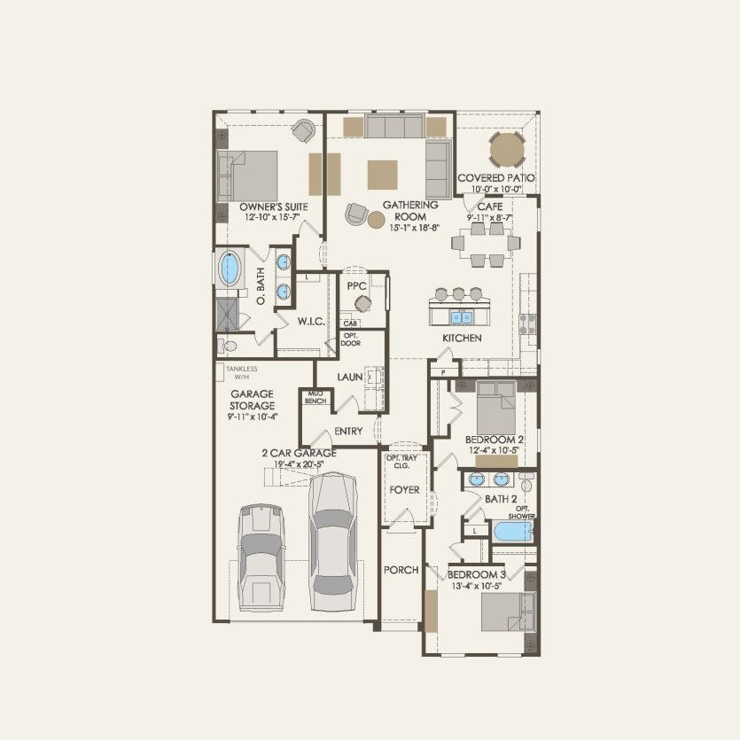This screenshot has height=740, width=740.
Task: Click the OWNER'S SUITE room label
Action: pyautogui.click(x=268, y=206)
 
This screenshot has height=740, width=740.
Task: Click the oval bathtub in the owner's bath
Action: pyautogui.click(x=231, y=268)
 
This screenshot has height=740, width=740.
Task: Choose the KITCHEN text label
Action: pyautogui.click(x=462, y=339)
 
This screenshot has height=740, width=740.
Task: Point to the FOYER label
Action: pyautogui.click(x=404, y=489)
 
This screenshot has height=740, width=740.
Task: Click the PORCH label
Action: pyautogui.click(x=401, y=570)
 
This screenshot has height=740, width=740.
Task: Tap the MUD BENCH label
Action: pyautogui.click(x=315, y=397)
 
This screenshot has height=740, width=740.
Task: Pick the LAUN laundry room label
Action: pyautogui.click(x=349, y=378)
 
